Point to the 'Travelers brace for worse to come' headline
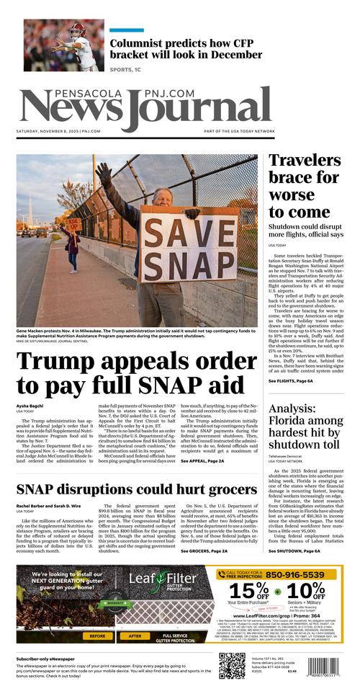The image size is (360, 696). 304,185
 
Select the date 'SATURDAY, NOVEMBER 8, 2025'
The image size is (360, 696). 48,131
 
